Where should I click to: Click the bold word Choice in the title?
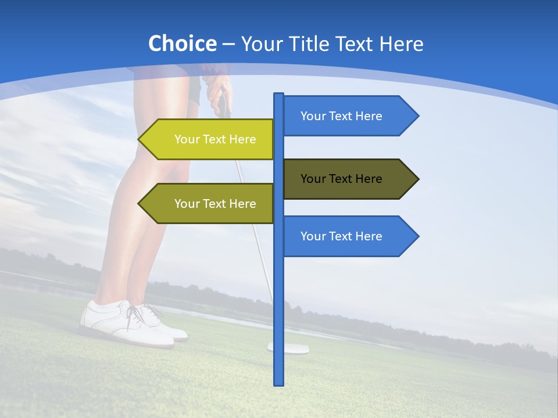[x=182, y=44]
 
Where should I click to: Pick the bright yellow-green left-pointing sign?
[x=209, y=139]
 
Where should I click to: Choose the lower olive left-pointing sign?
[x=209, y=203]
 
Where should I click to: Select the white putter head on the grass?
[x=288, y=348]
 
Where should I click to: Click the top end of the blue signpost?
[x=279, y=95]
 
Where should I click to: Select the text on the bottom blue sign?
[x=341, y=236]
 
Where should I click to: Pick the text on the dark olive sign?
[x=341, y=179]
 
